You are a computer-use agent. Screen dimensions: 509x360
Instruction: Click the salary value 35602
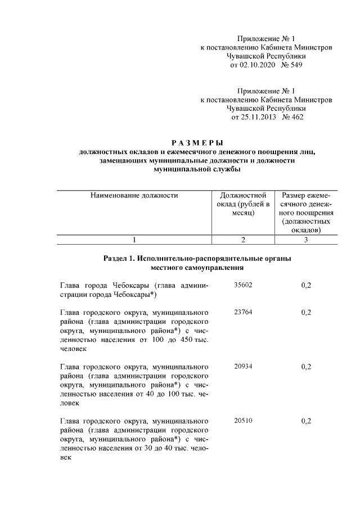[243, 285]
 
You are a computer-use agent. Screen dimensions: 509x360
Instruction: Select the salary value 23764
[243, 312]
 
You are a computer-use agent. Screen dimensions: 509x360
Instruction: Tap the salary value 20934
[243, 366]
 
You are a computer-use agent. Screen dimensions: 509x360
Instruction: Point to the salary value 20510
[243, 421]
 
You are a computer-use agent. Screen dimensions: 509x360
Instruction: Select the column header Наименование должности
[134, 196]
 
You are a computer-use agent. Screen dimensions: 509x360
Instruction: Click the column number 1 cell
[134, 240]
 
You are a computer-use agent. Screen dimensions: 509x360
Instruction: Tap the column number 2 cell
[243, 240]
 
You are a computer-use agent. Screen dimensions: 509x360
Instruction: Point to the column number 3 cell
[305, 240]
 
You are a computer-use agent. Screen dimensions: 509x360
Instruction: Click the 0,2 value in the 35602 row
[306, 285]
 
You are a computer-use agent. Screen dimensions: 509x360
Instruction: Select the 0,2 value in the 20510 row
[306, 421]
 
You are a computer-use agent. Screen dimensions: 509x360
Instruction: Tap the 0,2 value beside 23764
[306, 312]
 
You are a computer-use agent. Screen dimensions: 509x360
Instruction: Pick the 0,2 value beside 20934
[306, 366]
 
